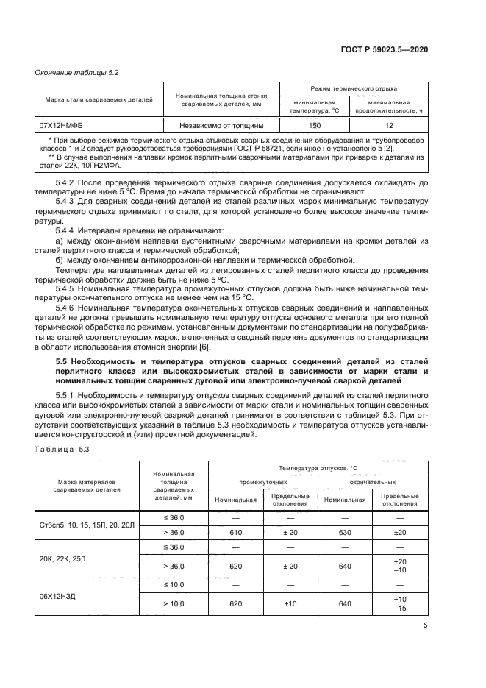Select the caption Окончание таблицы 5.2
tap(72, 72)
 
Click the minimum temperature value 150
tap(315, 126)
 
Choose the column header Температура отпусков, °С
tap(318, 468)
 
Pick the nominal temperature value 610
tap(236, 532)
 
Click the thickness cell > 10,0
tap(174, 603)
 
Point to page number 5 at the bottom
tap(425, 626)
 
